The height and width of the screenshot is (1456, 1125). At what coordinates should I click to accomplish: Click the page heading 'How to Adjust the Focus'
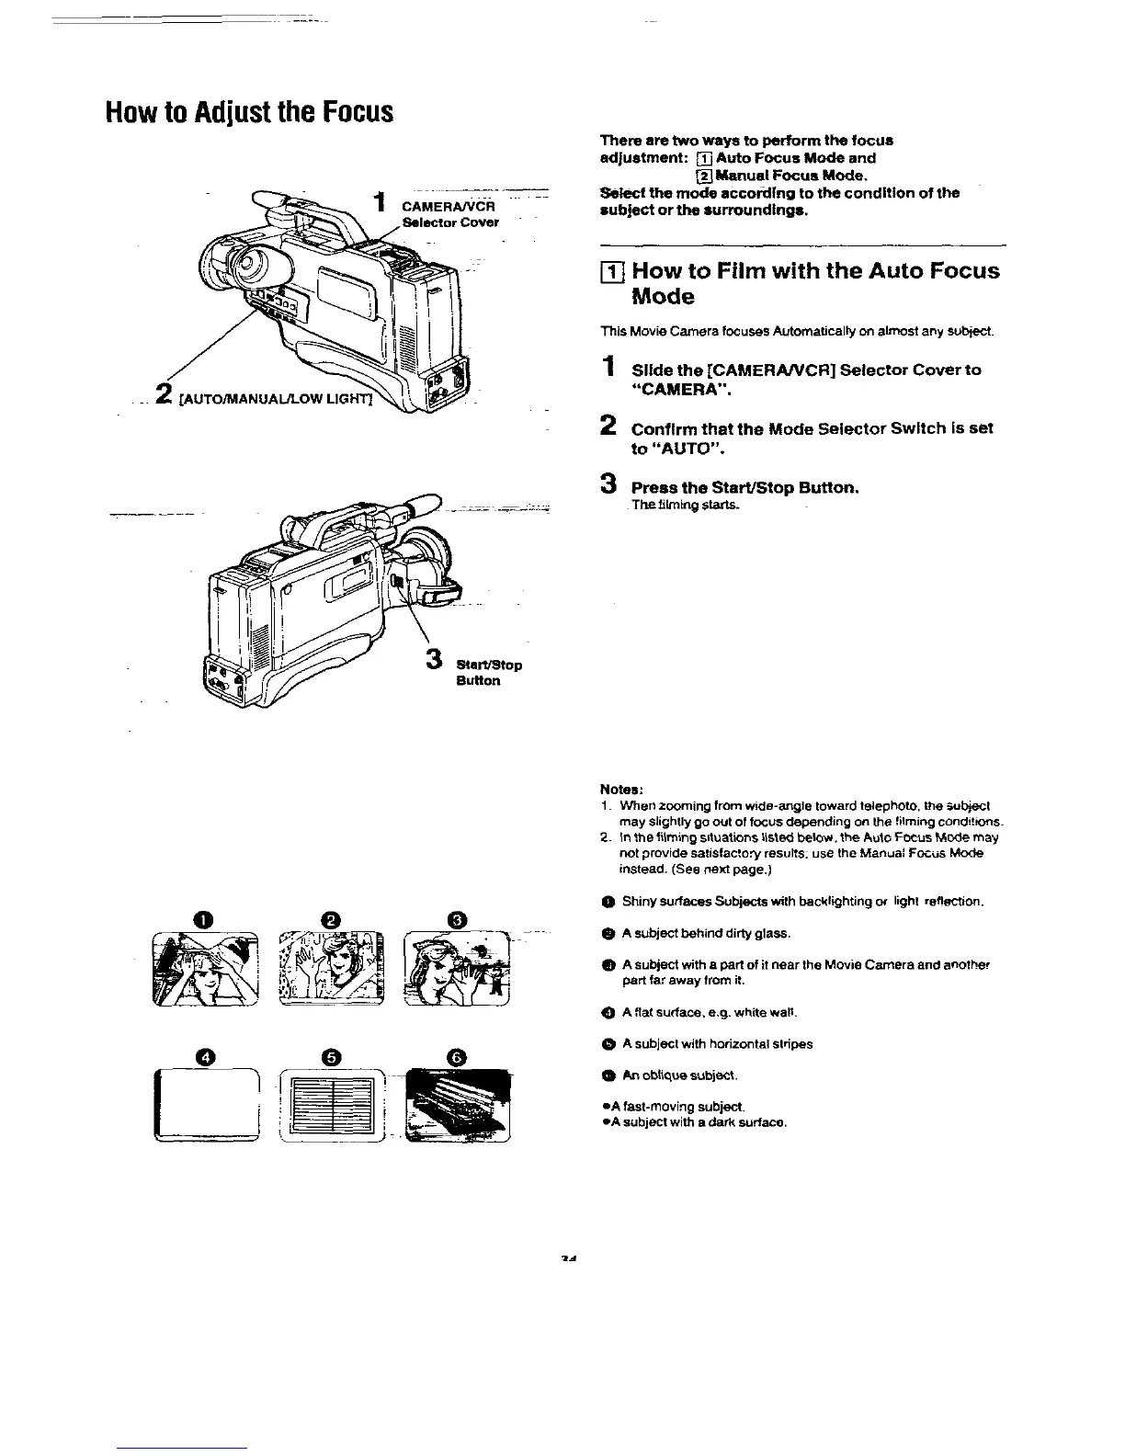250,113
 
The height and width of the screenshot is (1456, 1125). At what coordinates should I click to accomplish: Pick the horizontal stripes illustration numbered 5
334,1107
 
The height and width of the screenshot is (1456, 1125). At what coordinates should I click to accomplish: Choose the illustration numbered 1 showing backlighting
207,970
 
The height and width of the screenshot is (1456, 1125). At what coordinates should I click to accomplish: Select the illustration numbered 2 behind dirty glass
333,970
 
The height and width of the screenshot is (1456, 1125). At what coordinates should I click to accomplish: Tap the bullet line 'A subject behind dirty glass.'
706,933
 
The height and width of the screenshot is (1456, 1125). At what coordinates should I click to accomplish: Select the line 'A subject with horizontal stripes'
717,1043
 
